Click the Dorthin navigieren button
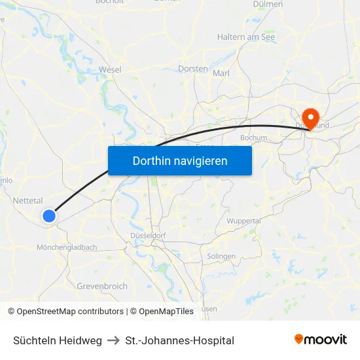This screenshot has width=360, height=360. pyautogui.click(x=180, y=160)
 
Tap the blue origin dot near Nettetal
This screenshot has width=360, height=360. pyautogui.click(x=49, y=215)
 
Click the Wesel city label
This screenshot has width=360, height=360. pyautogui.click(x=110, y=69)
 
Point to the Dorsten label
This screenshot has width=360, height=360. pyautogui.click(x=193, y=68)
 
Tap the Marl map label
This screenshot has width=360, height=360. pyautogui.click(x=221, y=73)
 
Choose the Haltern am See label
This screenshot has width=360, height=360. pyautogui.click(x=246, y=37)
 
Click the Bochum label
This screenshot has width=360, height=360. pyautogui.click(x=254, y=137)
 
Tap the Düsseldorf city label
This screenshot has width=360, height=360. pyautogui.click(x=150, y=235)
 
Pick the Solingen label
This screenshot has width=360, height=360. pyautogui.click(x=221, y=256)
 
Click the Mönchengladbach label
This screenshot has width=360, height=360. pyautogui.click(x=67, y=247)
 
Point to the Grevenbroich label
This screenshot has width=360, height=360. pyautogui.click(x=102, y=286)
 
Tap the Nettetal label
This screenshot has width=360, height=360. pyautogui.click(x=28, y=200)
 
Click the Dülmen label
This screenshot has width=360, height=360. pyautogui.click(x=268, y=4)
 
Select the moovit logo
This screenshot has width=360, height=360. pyautogui.click(x=321, y=340)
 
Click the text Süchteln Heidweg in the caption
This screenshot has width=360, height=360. pyautogui.click(x=58, y=340)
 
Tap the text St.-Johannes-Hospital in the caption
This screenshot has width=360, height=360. pyautogui.click(x=179, y=340)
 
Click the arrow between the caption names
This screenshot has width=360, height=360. pyautogui.click(x=113, y=340)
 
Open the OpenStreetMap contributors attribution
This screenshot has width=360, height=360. pyautogui.click(x=70, y=312)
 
